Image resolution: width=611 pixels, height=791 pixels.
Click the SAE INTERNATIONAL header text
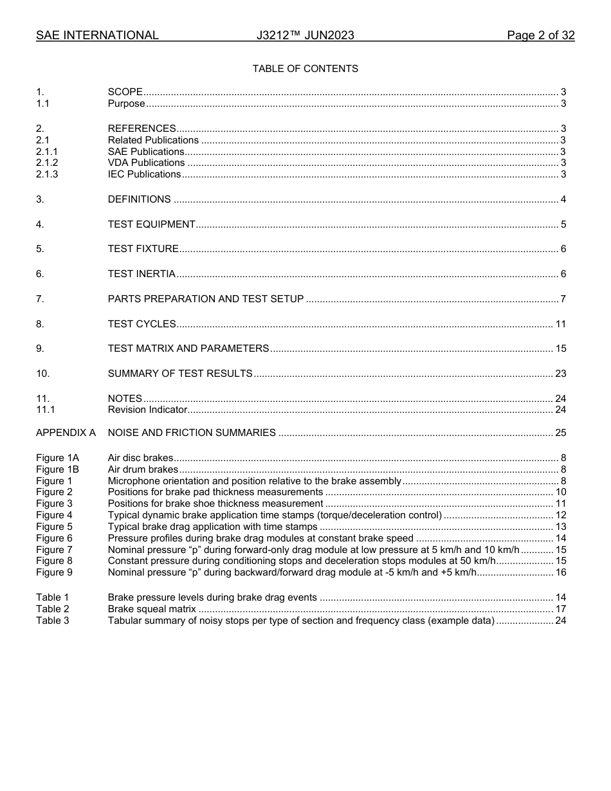97,35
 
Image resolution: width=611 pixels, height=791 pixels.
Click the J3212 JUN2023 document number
305,35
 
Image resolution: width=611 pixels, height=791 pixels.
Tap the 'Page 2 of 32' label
540,35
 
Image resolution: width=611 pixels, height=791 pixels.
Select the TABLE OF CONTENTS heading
305,69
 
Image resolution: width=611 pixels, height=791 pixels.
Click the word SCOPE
125,92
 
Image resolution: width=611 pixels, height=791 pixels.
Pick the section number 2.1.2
47,163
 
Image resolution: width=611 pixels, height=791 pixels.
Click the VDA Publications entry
146,163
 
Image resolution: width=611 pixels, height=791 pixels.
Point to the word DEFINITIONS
139,199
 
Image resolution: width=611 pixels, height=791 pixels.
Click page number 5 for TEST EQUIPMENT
563,224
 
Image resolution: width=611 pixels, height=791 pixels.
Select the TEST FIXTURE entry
143,249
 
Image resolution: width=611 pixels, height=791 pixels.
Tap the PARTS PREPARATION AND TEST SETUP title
205,299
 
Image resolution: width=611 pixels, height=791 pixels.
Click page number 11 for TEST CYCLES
560,324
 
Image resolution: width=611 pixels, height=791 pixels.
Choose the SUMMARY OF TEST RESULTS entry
180,374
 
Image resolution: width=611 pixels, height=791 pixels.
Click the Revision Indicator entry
147,410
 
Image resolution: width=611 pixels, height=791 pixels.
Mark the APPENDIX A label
66,433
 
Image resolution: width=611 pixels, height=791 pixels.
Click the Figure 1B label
57,469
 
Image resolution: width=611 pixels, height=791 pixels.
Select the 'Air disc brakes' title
140,458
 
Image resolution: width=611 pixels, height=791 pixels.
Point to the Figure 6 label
54,538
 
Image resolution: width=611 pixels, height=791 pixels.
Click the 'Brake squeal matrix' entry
152,609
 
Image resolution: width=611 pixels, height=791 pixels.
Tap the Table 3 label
52,621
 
